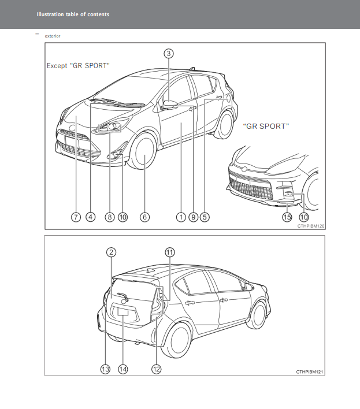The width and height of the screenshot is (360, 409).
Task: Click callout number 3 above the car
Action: tap(169, 54)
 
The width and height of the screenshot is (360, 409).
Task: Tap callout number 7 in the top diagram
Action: tap(76, 217)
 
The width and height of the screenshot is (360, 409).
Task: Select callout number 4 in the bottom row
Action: tap(91, 217)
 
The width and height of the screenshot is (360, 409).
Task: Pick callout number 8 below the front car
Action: tap(110, 217)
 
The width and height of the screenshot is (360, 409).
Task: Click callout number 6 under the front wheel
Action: tap(145, 217)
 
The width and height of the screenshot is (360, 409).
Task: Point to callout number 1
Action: tap(181, 217)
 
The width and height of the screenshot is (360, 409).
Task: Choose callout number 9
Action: tap(194, 217)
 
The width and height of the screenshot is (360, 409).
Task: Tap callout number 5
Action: tap(205, 217)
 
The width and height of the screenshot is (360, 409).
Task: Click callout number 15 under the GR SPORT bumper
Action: tap(287, 217)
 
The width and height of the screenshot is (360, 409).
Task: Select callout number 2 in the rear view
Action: tap(112, 252)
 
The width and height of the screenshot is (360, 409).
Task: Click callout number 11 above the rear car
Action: tap(170, 252)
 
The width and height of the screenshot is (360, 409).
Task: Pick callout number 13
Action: tap(105, 369)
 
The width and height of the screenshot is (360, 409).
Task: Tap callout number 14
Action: tap(123, 369)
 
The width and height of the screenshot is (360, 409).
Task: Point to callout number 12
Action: tap(156, 369)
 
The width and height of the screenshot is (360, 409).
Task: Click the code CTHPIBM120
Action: tap(311, 226)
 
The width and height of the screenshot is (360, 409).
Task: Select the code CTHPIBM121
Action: tap(310, 372)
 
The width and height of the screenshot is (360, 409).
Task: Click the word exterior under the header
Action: tap(53, 36)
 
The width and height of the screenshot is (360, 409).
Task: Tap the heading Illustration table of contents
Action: tap(73, 14)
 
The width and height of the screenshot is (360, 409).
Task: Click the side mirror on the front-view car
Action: tap(170, 104)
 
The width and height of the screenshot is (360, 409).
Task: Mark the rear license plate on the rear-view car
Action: tap(123, 311)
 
